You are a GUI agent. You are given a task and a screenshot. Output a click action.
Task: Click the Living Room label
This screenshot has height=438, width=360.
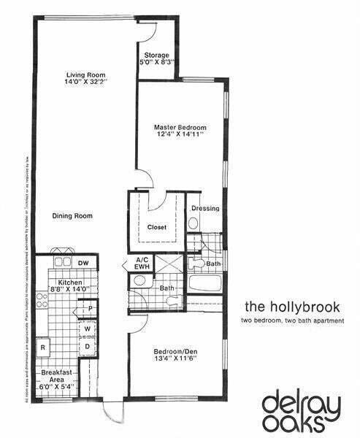point(82,75)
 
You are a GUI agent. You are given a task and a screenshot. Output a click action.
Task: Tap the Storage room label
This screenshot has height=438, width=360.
point(156,55)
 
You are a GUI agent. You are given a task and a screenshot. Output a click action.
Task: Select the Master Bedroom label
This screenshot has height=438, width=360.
point(180,126)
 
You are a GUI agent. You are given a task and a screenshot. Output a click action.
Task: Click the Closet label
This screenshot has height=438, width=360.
point(157,227)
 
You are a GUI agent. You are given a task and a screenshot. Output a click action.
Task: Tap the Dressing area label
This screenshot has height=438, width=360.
point(205,209)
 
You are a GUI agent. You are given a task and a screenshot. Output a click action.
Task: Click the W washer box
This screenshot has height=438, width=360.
point(88,329)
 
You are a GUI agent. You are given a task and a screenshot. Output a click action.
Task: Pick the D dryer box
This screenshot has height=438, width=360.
point(88,346)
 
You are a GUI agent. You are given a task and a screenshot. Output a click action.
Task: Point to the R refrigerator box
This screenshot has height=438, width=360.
point(45,347)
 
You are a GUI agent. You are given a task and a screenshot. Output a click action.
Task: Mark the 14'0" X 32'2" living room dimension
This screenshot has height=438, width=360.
point(82,82)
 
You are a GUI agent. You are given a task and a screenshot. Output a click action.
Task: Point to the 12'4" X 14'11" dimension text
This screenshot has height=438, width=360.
point(180,134)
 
